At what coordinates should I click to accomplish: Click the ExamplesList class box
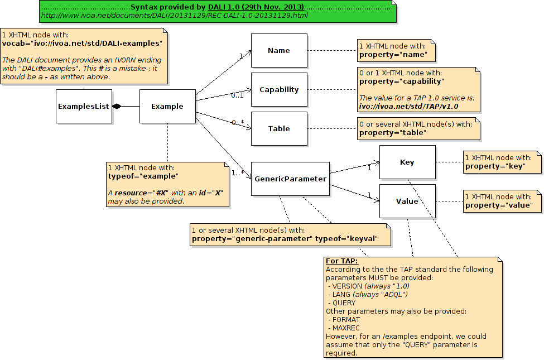tap(84, 106)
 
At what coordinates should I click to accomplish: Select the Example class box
tap(167, 106)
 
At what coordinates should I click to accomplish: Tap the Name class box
tap(279, 50)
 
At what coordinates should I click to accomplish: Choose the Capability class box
tap(279, 89)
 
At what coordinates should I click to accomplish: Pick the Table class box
tap(279, 128)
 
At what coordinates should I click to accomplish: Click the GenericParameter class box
tap(290, 179)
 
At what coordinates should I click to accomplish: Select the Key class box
tap(407, 162)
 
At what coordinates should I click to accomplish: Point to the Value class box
tap(407, 201)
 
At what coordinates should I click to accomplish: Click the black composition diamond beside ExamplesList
tap(117, 106)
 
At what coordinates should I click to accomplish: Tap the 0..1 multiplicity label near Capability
tap(238, 95)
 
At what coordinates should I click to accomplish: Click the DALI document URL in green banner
tap(175, 15)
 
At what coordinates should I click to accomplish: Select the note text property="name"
tap(393, 55)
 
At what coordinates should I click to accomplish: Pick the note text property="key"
tap(495, 166)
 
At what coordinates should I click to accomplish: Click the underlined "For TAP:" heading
tap(341, 261)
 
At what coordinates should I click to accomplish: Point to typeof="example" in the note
tap(143, 176)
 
